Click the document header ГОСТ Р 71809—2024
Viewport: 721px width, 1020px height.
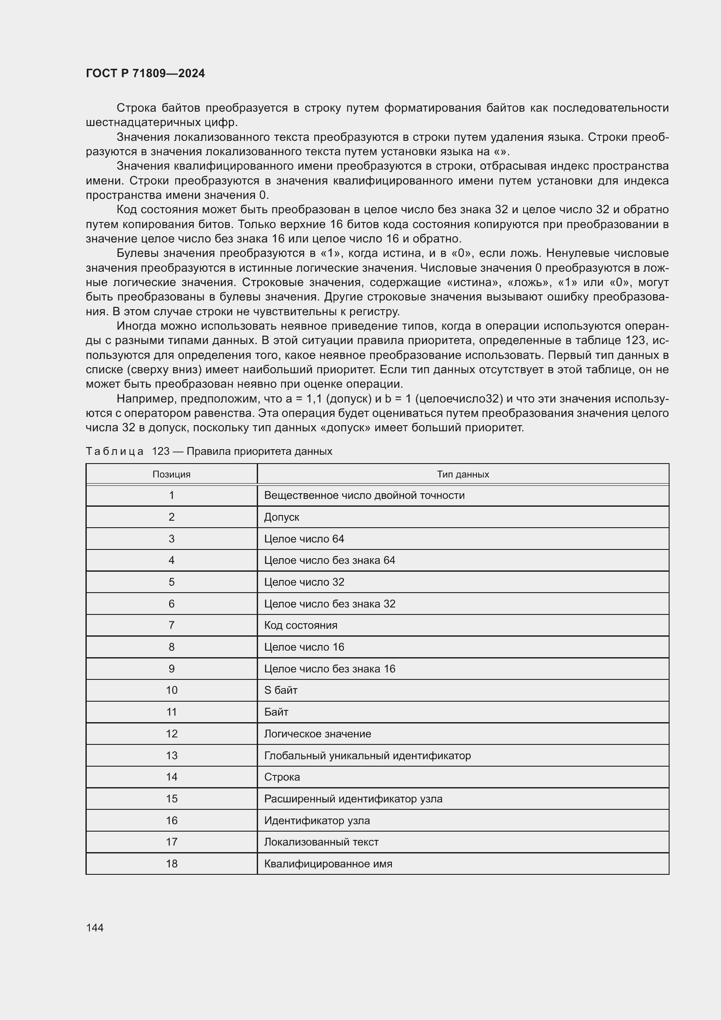click(145, 73)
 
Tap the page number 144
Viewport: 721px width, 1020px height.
click(95, 927)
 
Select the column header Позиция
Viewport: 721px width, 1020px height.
click(171, 474)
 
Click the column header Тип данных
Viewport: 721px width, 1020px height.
click(463, 474)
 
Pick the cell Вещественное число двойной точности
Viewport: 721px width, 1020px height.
click(364, 495)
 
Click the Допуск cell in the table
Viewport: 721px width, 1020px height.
click(282, 517)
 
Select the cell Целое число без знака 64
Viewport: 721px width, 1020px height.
click(330, 560)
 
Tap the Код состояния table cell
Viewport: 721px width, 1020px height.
click(301, 625)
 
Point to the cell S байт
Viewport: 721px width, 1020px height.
click(281, 690)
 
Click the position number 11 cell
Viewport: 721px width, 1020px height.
click(171, 712)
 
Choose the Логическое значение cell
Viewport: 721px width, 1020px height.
click(317, 733)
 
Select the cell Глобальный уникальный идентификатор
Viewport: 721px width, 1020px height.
click(367, 755)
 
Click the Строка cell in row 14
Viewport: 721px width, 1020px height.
click(282, 777)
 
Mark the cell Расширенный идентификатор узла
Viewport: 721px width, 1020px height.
click(353, 798)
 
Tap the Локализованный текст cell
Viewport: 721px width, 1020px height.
click(321, 842)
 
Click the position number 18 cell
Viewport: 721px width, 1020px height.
click(171, 863)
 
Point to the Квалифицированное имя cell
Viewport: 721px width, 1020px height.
click(328, 863)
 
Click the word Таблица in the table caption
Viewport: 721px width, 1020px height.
click(115, 451)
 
